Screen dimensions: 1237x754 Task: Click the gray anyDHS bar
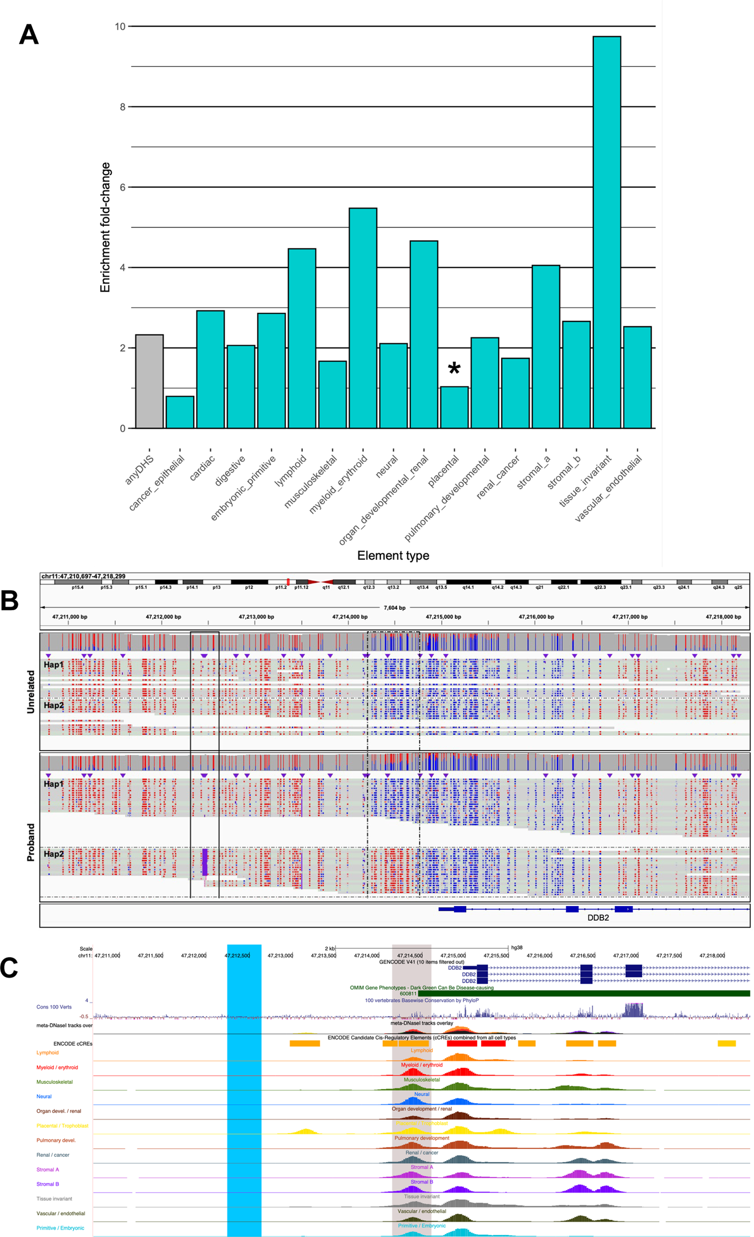[x=149, y=381]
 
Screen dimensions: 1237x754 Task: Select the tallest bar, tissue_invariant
[x=606, y=232]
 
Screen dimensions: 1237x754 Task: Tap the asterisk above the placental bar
[x=454, y=368]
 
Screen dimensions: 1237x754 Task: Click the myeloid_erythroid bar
[x=363, y=318]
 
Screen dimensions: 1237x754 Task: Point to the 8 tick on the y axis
[x=122, y=107]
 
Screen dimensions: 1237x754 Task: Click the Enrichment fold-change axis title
[x=105, y=227]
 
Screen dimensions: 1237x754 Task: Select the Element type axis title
[x=393, y=555]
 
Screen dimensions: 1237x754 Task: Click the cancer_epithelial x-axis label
[x=157, y=483]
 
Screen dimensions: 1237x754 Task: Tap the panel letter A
[x=29, y=35]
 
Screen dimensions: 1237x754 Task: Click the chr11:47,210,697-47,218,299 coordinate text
[x=83, y=576]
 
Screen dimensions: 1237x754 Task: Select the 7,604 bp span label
[x=394, y=608]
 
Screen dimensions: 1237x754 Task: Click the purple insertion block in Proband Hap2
[x=204, y=862]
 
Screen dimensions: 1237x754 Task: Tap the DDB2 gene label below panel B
[x=598, y=918]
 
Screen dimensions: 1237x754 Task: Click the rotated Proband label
[x=31, y=842]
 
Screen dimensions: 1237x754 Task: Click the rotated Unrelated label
[x=31, y=691]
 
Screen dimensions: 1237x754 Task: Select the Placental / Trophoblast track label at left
[x=62, y=1126]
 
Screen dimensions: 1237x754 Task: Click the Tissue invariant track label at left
[x=54, y=1199]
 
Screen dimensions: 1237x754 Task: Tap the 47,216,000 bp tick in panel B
[x=536, y=617]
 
